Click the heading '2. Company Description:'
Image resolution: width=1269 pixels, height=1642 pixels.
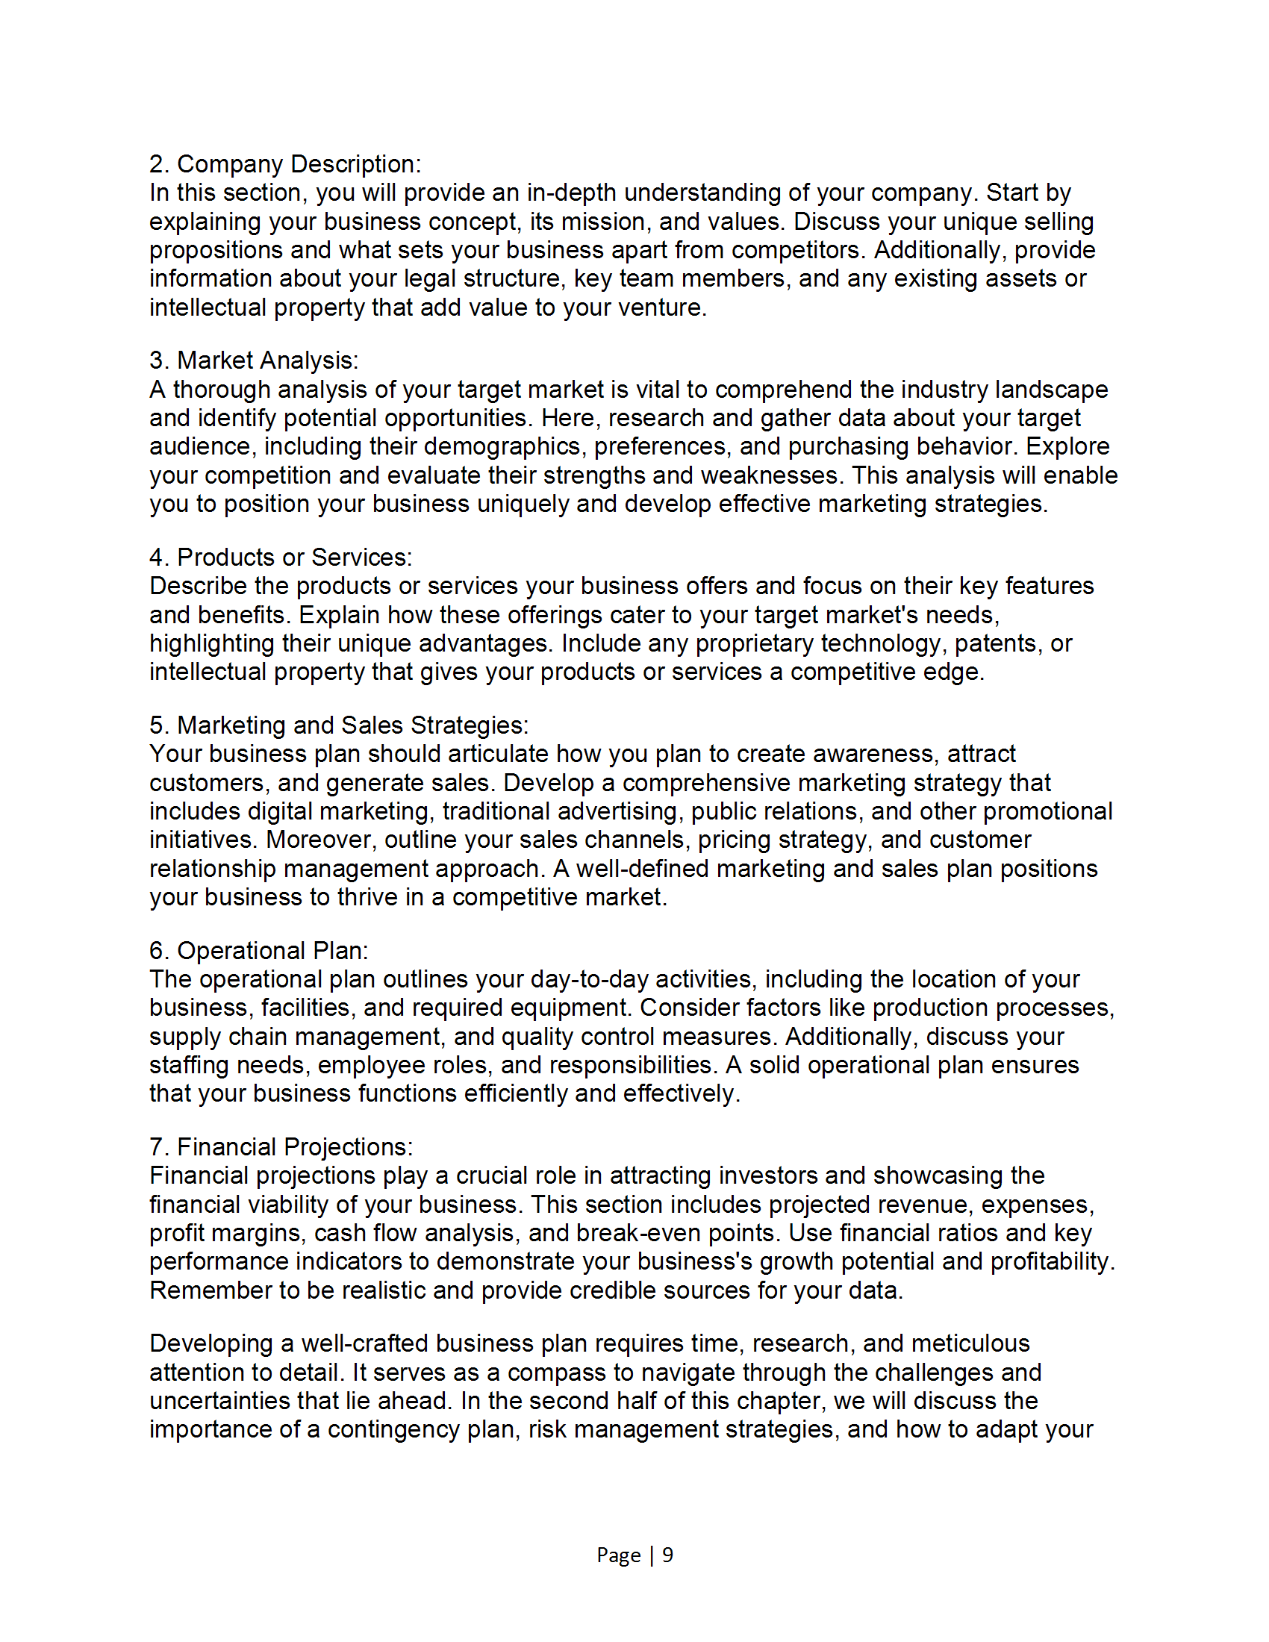tap(285, 164)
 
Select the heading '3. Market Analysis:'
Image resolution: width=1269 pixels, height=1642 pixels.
tap(253, 360)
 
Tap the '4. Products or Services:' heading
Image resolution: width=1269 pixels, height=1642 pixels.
tap(281, 557)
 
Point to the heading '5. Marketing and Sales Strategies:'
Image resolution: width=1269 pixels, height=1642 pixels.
tap(339, 725)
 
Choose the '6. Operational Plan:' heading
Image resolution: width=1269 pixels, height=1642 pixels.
tap(258, 950)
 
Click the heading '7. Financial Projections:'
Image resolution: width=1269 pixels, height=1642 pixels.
tap(281, 1146)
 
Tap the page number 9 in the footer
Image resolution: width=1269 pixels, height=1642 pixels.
tap(667, 1554)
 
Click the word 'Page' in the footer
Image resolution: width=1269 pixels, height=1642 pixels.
tap(618, 1554)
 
